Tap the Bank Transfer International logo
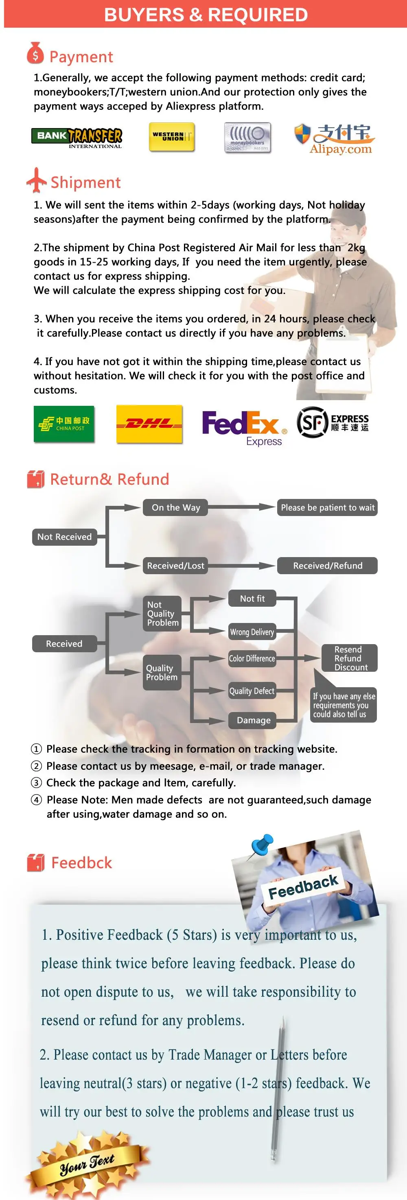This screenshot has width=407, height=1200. click(x=77, y=138)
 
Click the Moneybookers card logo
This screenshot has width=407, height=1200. click(x=247, y=137)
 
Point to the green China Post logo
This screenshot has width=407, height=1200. click(x=64, y=423)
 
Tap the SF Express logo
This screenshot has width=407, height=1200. click(x=333, y=422)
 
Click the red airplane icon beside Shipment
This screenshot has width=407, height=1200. click(x=36, y=180)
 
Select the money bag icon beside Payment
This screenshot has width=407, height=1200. click(x=35, y=53)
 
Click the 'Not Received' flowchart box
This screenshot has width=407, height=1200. click(x=64, y=537)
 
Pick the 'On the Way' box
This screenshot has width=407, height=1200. click(x=175, y=507)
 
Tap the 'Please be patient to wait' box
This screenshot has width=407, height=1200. click(x=327, y=507)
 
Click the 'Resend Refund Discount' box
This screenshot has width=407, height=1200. click(x=349, y=658)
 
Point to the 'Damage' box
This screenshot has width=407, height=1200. click(x=253, y=720)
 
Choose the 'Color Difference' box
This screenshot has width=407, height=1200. click(x=252, y=658)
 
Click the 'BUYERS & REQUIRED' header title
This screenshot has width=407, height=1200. click(x=206, y=15)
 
